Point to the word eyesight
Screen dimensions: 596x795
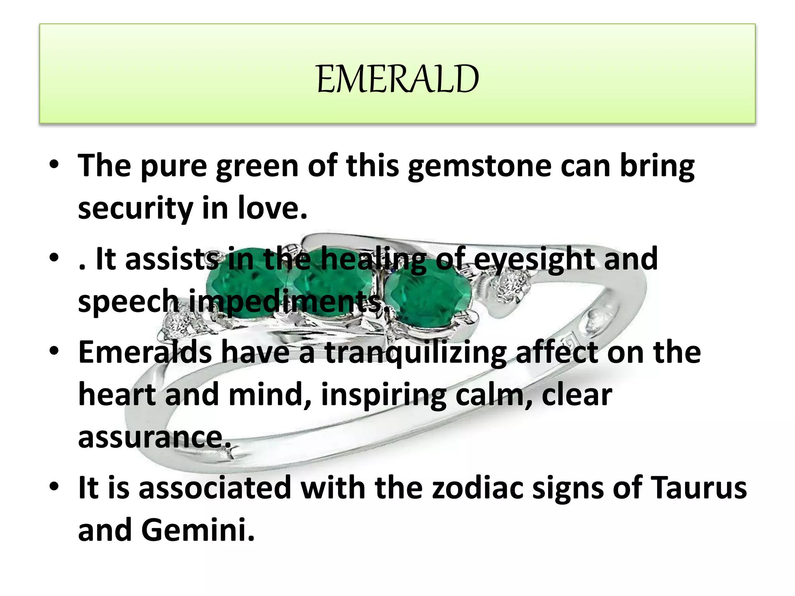[x=534, y=259]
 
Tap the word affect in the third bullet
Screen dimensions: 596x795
[x=557, y=352]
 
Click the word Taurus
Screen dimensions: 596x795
[x=698, y=487]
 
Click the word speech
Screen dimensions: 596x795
[x=128, y=302]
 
